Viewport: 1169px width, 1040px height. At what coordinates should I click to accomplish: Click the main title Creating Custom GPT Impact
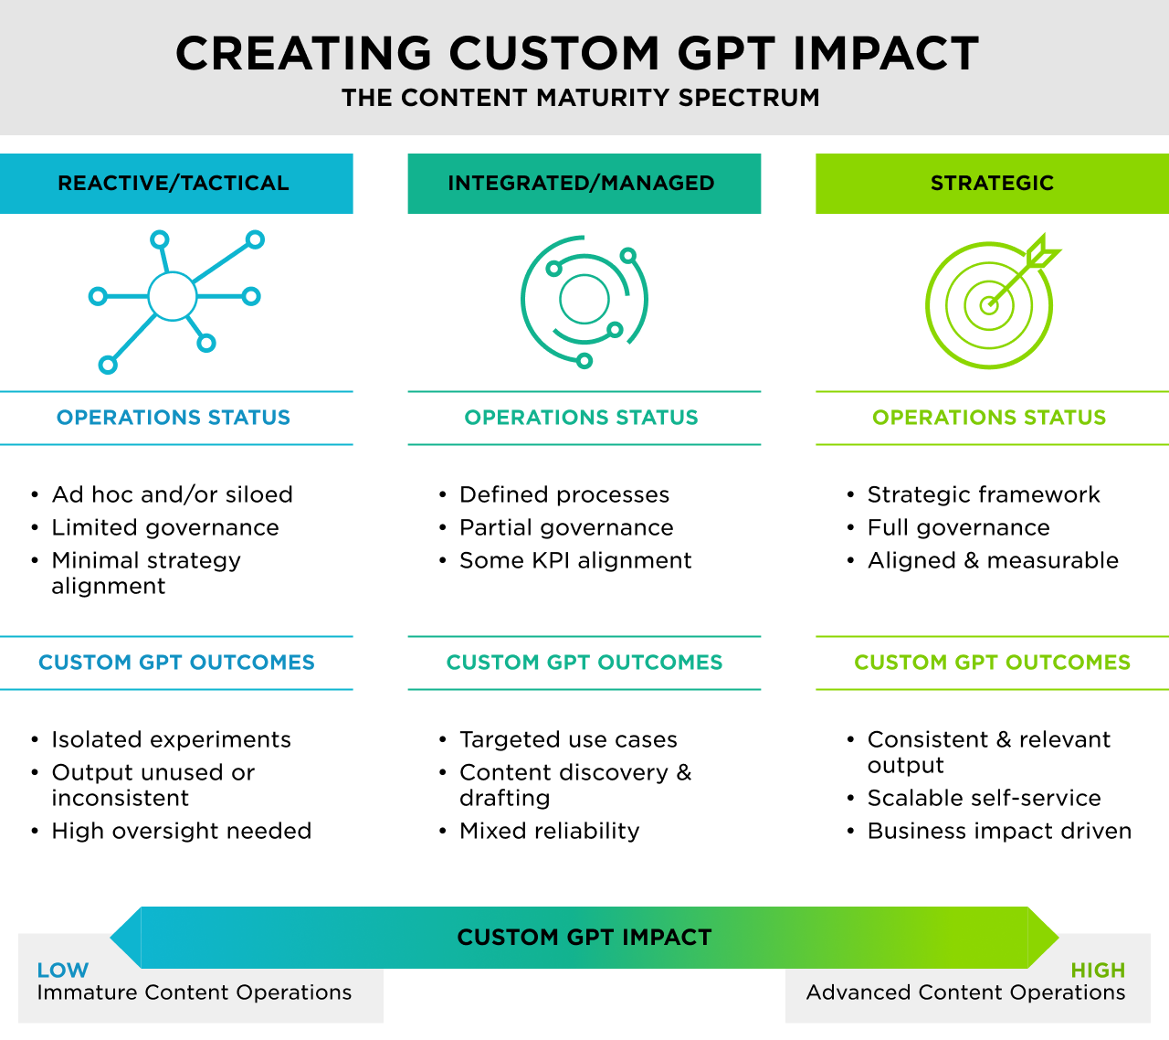click(x=577, y=53)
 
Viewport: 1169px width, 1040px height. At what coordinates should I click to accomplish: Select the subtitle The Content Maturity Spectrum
click(x=581, y=98)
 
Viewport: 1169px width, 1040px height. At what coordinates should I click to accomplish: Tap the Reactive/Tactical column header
click(x=174, y=183)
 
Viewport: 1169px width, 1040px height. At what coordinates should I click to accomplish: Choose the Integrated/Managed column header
click(x=582, y=183)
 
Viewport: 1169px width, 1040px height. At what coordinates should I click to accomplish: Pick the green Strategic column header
click(x=992, y=183)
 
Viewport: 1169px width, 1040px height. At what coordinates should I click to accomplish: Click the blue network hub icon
click(x=173, y=296)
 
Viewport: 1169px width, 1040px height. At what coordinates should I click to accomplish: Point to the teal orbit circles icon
click(x=584, y=300)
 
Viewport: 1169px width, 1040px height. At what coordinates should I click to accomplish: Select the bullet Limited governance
click(x=165, y=527)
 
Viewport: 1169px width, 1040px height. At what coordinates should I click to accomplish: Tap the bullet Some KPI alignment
click(x=575, y=560)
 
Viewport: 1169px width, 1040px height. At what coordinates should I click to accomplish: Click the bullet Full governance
click(x=958, y=527)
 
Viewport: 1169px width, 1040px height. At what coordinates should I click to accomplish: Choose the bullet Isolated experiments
click(x=171, y=739)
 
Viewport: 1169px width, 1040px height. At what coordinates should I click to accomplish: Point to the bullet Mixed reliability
click(x=549, y=831)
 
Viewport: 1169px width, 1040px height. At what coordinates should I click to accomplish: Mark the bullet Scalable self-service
click(x=984, y=798)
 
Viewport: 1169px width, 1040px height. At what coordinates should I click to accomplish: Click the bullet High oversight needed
click(x=181, y=831)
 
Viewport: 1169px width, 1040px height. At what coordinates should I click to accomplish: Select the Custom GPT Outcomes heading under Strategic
click(x=992, y=662)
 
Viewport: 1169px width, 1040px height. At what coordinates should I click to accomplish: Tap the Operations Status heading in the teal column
click(x=581, y=418)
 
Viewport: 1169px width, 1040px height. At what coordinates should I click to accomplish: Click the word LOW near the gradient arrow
click(x=63, y=971)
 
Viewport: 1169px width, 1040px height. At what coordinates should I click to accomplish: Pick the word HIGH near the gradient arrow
click(x=1098, y=971)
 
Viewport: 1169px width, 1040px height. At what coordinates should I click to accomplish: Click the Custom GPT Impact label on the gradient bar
click(x=584, y=938)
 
